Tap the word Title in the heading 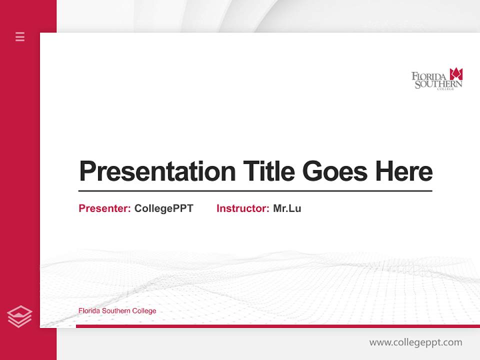268,171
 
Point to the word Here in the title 404,171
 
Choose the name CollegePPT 163,208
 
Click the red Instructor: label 243,208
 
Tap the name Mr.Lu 287,208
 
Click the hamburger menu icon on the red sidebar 20,36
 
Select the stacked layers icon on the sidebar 20,316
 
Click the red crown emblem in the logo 456,74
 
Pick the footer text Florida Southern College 117,311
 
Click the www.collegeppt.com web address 415,342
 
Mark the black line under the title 255,191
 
